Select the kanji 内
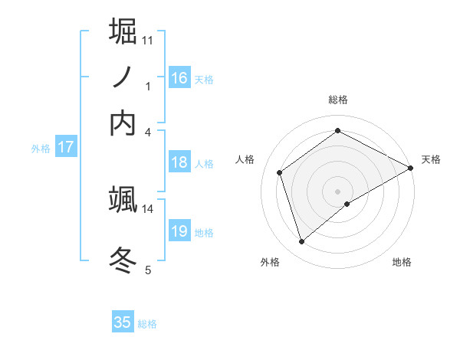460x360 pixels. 123,123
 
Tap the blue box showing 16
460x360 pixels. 179,78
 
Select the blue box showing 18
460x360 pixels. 179,162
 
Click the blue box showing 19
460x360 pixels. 179,231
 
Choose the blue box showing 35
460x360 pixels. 123,322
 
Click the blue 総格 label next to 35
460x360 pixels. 147,324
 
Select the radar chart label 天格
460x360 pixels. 431,159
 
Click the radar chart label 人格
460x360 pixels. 245,159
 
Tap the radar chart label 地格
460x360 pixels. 402,262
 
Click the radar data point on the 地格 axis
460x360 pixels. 347,204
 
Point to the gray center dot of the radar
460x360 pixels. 338,191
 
